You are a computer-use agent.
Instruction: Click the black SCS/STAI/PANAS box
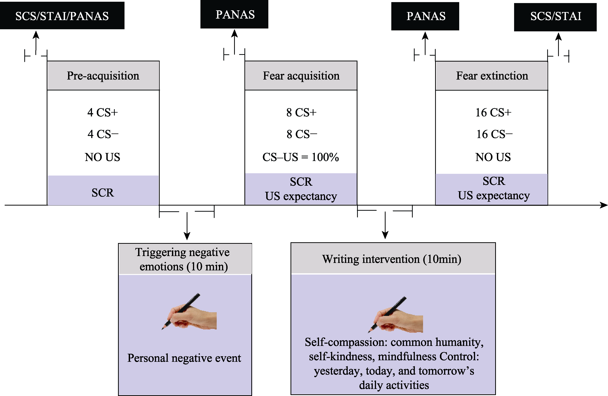(62, 16)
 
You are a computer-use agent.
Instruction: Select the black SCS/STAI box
(555, 17)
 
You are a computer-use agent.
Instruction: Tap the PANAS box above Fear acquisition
(234, 14)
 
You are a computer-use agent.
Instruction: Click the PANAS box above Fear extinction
(425, 16)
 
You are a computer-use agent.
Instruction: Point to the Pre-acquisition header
(103, 76)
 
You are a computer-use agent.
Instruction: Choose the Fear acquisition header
(301, 76)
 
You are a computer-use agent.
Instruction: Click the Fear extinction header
(492, 76)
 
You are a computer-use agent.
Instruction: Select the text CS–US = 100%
(301, 157)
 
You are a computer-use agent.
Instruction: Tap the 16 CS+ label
(493, 112)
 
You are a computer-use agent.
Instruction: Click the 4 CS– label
(103, 134)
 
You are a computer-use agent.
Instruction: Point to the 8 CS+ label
(301, 112)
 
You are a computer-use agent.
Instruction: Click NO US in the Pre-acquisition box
(103, 157)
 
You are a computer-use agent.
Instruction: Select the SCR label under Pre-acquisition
(103, 192)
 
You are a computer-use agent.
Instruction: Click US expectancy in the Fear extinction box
(494, 195)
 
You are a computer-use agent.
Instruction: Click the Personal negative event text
(184, 358)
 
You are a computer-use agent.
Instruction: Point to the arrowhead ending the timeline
(603, 205)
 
